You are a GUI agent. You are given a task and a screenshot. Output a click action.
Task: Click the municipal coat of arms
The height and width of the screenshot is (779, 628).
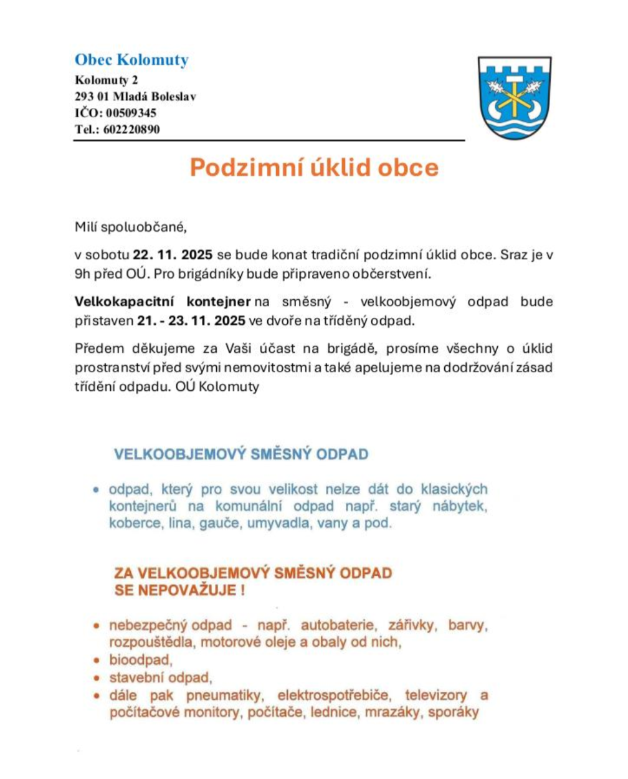coord(514,98)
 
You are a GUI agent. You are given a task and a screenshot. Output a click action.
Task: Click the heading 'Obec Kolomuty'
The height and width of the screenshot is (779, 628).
coord(131,60)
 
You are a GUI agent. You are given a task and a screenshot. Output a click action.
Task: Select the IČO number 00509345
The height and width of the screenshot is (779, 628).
coord(131,113)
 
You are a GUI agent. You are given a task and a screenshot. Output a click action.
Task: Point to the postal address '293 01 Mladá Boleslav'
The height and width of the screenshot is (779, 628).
coord(135,97)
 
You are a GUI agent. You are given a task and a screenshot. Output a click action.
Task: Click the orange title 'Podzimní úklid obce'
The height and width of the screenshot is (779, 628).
coord(314,168)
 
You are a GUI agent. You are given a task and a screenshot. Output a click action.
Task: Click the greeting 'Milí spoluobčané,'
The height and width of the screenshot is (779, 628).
coord(130,227)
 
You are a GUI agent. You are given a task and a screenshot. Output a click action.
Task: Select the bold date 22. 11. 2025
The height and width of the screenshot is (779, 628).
coord(173,255)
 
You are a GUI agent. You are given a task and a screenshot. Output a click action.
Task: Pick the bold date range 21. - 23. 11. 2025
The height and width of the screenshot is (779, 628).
coord(191,321)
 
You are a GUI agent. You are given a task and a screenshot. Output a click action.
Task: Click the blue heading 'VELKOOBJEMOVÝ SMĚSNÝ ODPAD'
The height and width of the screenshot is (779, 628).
coord(241,454)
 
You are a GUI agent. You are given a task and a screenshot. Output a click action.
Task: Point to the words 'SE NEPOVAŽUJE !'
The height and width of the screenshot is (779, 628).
coord(179,590)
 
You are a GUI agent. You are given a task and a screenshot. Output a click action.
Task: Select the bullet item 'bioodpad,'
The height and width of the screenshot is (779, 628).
coord(141,660)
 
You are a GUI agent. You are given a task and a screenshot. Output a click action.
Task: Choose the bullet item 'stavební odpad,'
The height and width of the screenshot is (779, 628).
coord(161,677)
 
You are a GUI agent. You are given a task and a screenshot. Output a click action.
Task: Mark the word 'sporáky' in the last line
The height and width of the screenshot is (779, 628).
coord(454,712)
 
